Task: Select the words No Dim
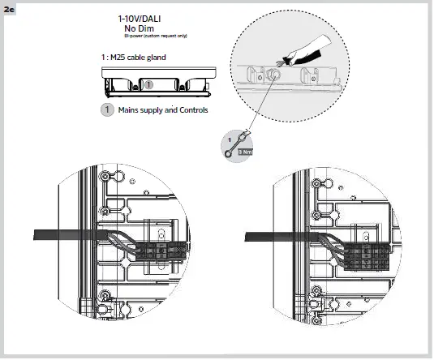coord(140,28)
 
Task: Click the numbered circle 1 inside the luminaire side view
coord(148,84)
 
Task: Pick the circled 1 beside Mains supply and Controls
coord(106,109)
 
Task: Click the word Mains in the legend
coord(128,109)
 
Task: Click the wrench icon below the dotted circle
coord(233,144)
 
